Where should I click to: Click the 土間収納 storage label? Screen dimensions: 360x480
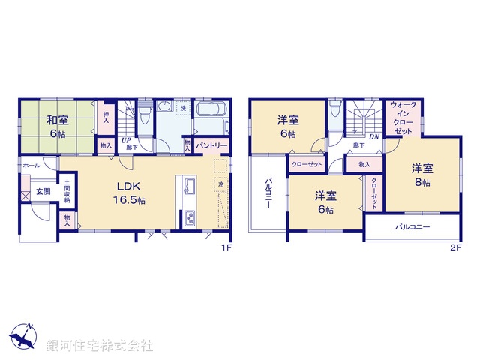[67, 191]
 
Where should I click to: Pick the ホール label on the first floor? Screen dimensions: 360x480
[31, 165]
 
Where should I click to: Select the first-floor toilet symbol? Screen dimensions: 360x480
[145, 112]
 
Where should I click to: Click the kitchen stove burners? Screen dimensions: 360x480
[188, 219]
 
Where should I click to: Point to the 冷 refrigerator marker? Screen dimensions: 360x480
[221, 184]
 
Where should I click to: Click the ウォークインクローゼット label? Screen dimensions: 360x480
[403, 118]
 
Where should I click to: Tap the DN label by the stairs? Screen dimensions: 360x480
[373, 136]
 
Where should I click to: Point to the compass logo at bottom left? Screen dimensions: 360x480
[22, 337]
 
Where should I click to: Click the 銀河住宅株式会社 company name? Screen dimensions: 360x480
[100, 346]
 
